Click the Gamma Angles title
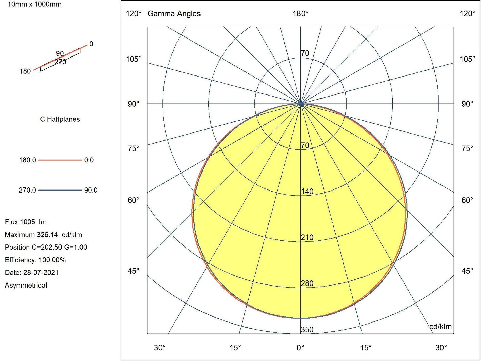174,14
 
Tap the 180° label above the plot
300,14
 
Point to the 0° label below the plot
300,348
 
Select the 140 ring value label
307,192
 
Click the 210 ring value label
307,237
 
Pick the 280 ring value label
307,283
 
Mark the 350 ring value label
307,330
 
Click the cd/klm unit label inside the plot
440,327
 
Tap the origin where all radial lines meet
300,104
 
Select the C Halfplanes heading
60,119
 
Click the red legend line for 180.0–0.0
60,160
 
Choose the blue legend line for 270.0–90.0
60,190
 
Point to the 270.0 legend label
27,190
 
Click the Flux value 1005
27,222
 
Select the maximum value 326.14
47,235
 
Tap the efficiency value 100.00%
52,260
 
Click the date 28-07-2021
41,273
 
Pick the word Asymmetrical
26,285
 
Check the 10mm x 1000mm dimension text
34,4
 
